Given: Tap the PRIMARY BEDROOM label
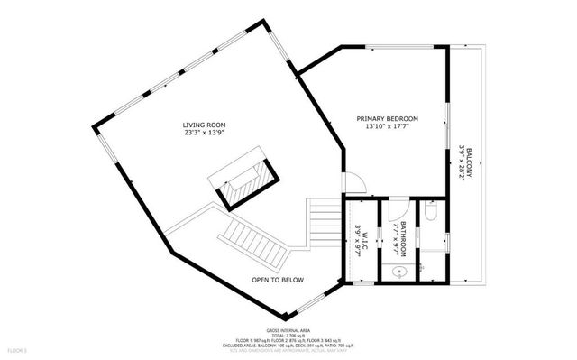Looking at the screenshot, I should coord(387,118).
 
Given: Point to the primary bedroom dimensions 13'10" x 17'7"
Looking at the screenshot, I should coord(387,127).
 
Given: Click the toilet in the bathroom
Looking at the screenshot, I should coord(432,213).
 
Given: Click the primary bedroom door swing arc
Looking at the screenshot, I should coord(355,182).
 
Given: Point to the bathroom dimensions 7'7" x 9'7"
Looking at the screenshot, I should coord(396,237).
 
